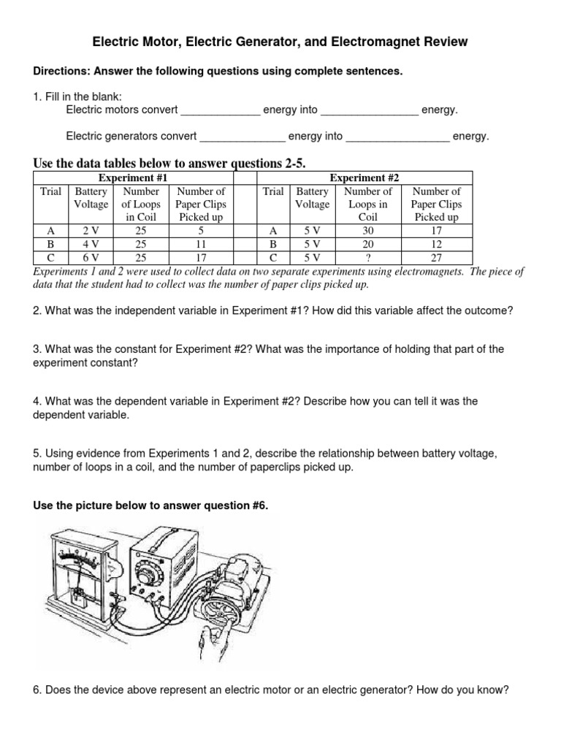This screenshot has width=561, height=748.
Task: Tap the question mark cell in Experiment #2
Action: click(x=368, y=258)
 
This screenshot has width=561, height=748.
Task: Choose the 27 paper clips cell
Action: click(x=436, y=258)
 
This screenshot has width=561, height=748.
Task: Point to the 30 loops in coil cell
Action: click(x=368, y=231)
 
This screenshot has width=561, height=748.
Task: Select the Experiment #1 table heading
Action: click(x=133, y=178)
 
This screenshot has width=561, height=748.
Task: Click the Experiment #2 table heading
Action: click(x=365, y=178)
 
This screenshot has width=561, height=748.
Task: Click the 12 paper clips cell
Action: click(x=436, y=244)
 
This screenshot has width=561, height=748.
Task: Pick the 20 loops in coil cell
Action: click(x=368, y=244)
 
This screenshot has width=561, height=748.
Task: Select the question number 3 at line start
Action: click(x=37, y=349)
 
